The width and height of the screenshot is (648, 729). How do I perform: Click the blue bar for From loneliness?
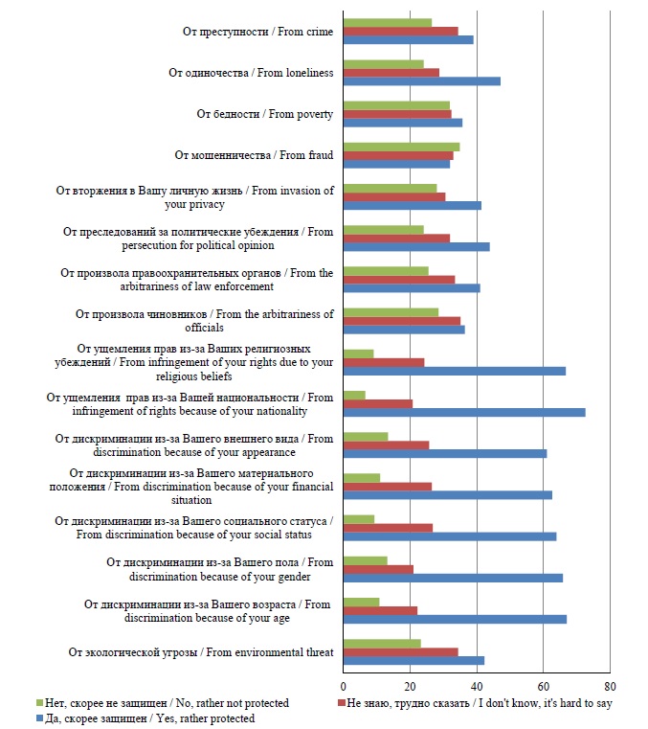(x=421, y=81)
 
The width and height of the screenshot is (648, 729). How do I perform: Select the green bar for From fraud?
(x=401, y=147)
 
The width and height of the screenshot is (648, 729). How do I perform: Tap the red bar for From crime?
(x=400, y=32)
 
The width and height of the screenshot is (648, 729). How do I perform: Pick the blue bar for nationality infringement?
(x=464, y=412)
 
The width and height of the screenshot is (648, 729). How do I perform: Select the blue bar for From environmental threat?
(x=413, y=660)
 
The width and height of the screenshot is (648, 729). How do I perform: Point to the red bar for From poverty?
(x=397, y=114)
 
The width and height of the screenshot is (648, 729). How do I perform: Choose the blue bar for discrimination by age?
(x=455, y=619)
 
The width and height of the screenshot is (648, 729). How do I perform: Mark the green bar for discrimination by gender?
(x=365, y=560)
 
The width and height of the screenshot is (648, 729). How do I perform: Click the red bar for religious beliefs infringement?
(x=383, y=362)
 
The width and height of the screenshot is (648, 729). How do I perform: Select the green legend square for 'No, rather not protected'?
(x=39, y=703)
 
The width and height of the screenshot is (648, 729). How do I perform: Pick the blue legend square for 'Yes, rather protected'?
(x=39, y=718)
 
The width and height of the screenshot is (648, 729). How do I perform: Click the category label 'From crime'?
(x=257, y=33)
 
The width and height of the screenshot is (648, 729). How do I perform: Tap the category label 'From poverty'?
(x=264, y=114)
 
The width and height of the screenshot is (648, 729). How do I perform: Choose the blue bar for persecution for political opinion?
(x=416, y=246)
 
